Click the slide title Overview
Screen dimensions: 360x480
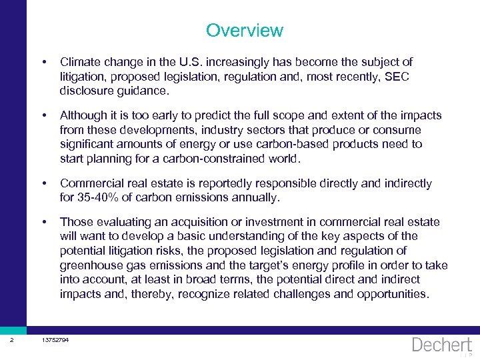click(x=244, y=31)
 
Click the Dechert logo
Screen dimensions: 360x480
click(x=442, y=345)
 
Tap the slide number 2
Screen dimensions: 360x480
click(x=12, y=341)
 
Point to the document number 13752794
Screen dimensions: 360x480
click(x=55, y=341)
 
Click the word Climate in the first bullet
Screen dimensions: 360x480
click(x=80, y=62)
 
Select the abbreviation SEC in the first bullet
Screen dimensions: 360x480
click(x=397, y=76)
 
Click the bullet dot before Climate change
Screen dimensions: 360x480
click(x=43, y=62)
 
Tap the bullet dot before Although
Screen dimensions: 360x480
click(x=43, y=115)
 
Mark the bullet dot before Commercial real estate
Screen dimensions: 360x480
click(x=43, y=183)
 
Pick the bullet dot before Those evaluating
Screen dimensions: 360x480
click(x=43, y=222)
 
